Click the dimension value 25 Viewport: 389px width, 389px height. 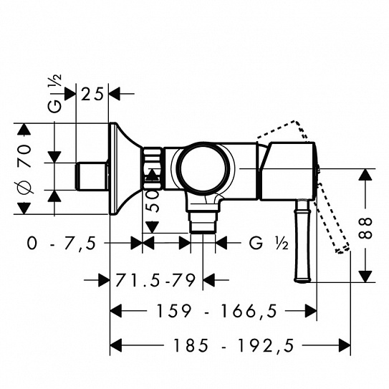click(x=92, y=95)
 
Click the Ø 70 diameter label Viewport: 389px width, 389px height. click(x=24, y=168)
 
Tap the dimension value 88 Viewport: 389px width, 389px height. click(x=365, y=228)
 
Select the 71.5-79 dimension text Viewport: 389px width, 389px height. click(x=155, y=280)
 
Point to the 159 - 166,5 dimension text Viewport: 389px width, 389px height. click(x=216, y=311)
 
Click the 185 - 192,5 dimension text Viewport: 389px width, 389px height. click(x=234, y=345)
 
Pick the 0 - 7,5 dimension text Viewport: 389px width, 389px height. click(x=62, y=243)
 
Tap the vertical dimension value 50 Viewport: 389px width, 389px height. click(x=152, y=201)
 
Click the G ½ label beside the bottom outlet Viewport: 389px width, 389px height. click(x=269, y=243)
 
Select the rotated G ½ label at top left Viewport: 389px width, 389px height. click(x=54, y=94)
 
